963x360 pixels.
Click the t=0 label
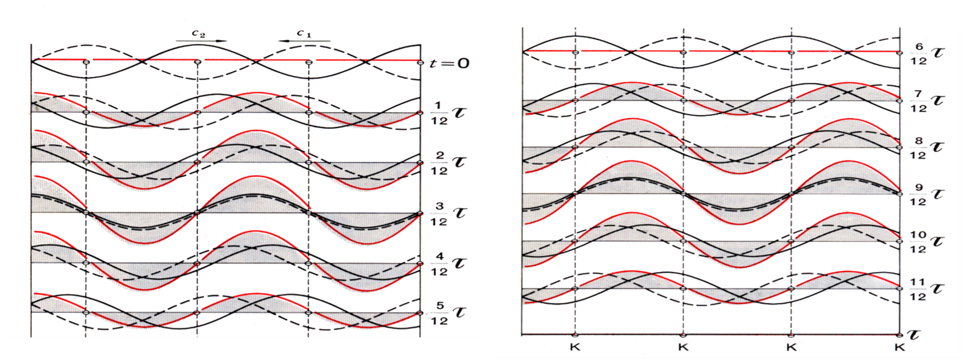(x=450, y=63)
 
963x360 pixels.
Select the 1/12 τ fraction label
(x=448, y=113)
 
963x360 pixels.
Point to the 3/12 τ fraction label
(x=448, y=213)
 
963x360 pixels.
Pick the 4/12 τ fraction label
(x=448, y=264)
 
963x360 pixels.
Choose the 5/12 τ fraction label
(x=448, y=313)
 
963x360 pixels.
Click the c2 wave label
(x=199, y=34)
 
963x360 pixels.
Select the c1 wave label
(x=304, y=34)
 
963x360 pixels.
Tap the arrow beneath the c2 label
(x=201, y=41)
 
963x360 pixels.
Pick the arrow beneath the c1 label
(x=304, y=41)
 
